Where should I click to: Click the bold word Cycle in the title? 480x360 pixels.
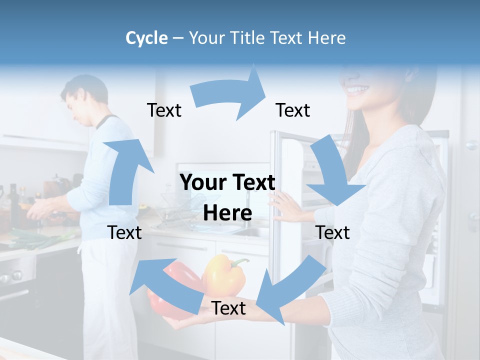(146, 38)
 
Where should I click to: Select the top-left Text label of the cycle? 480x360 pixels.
(164, 110)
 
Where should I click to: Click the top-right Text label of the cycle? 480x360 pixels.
(293, 110)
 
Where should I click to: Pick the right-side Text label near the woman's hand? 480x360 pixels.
(332, 232)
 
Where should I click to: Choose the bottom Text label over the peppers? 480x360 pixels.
(228, 308)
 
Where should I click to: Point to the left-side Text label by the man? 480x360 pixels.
(124, 232)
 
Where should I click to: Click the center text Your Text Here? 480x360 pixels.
(228, 197)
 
